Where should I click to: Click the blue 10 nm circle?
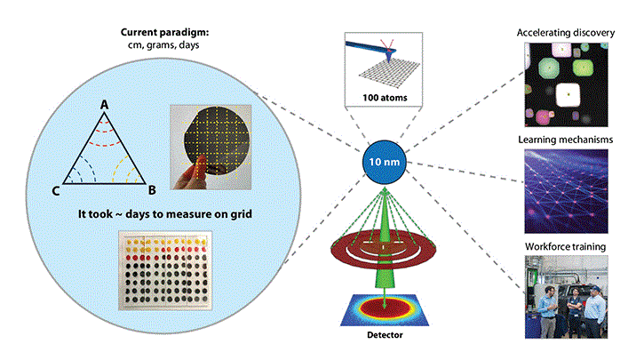382,163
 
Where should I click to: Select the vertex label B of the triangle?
152,188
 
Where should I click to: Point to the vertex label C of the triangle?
56,188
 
